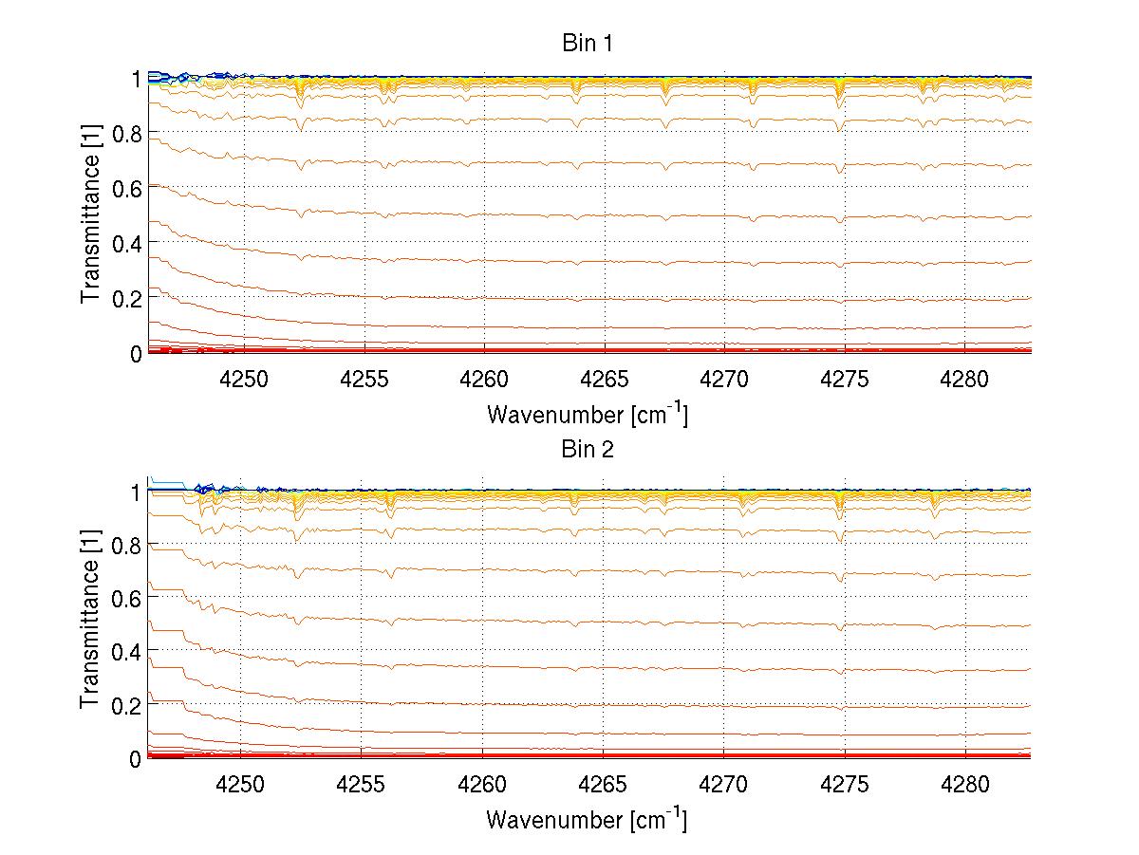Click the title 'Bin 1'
coord(587,44)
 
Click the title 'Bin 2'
coord(587,450)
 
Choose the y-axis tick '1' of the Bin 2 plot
coord(136,492)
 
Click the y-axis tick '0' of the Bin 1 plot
coord(136,354)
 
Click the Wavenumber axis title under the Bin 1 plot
coord(587,414)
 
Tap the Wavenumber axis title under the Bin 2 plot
coord(587,819)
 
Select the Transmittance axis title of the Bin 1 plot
coord(90,215)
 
